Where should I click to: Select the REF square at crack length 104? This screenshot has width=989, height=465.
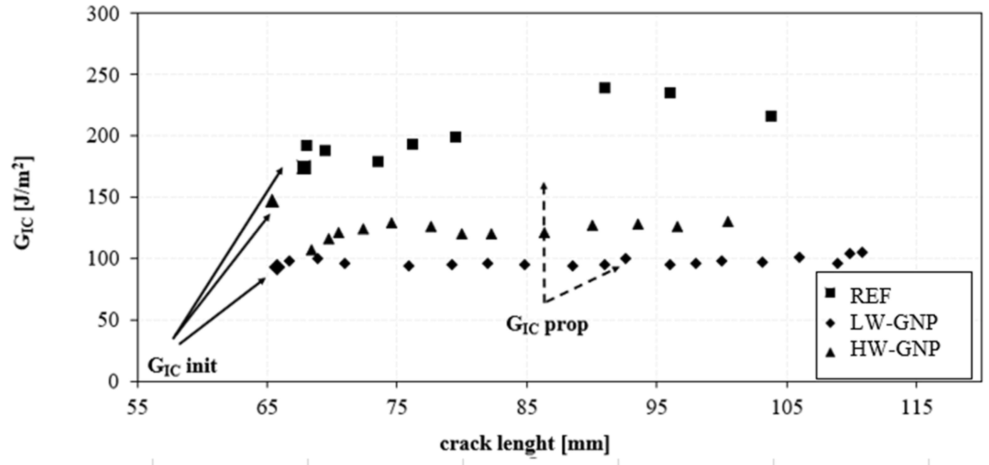pyautogui.click(x=771, y=116)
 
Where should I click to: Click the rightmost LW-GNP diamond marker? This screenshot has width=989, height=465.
pyautogui.click(x=862, y=253)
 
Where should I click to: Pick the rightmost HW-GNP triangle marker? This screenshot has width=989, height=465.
pyautogui.click(x=728, y=222)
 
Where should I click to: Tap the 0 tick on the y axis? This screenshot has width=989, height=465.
pyautogui.click(x=114, y=381)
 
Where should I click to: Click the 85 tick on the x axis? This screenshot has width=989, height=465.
pyautogui.click(x=527, y=407)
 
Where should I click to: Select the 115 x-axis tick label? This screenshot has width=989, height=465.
pyautogui.click(x=916, y=407)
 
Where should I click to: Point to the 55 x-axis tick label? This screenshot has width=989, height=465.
pyautogui.click(x=137, y=407)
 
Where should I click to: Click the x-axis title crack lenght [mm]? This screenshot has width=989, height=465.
pyautogui.click(x=524, y=444)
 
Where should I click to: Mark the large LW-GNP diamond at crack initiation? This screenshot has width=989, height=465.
pyautogui.click(x=277, y=268)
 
